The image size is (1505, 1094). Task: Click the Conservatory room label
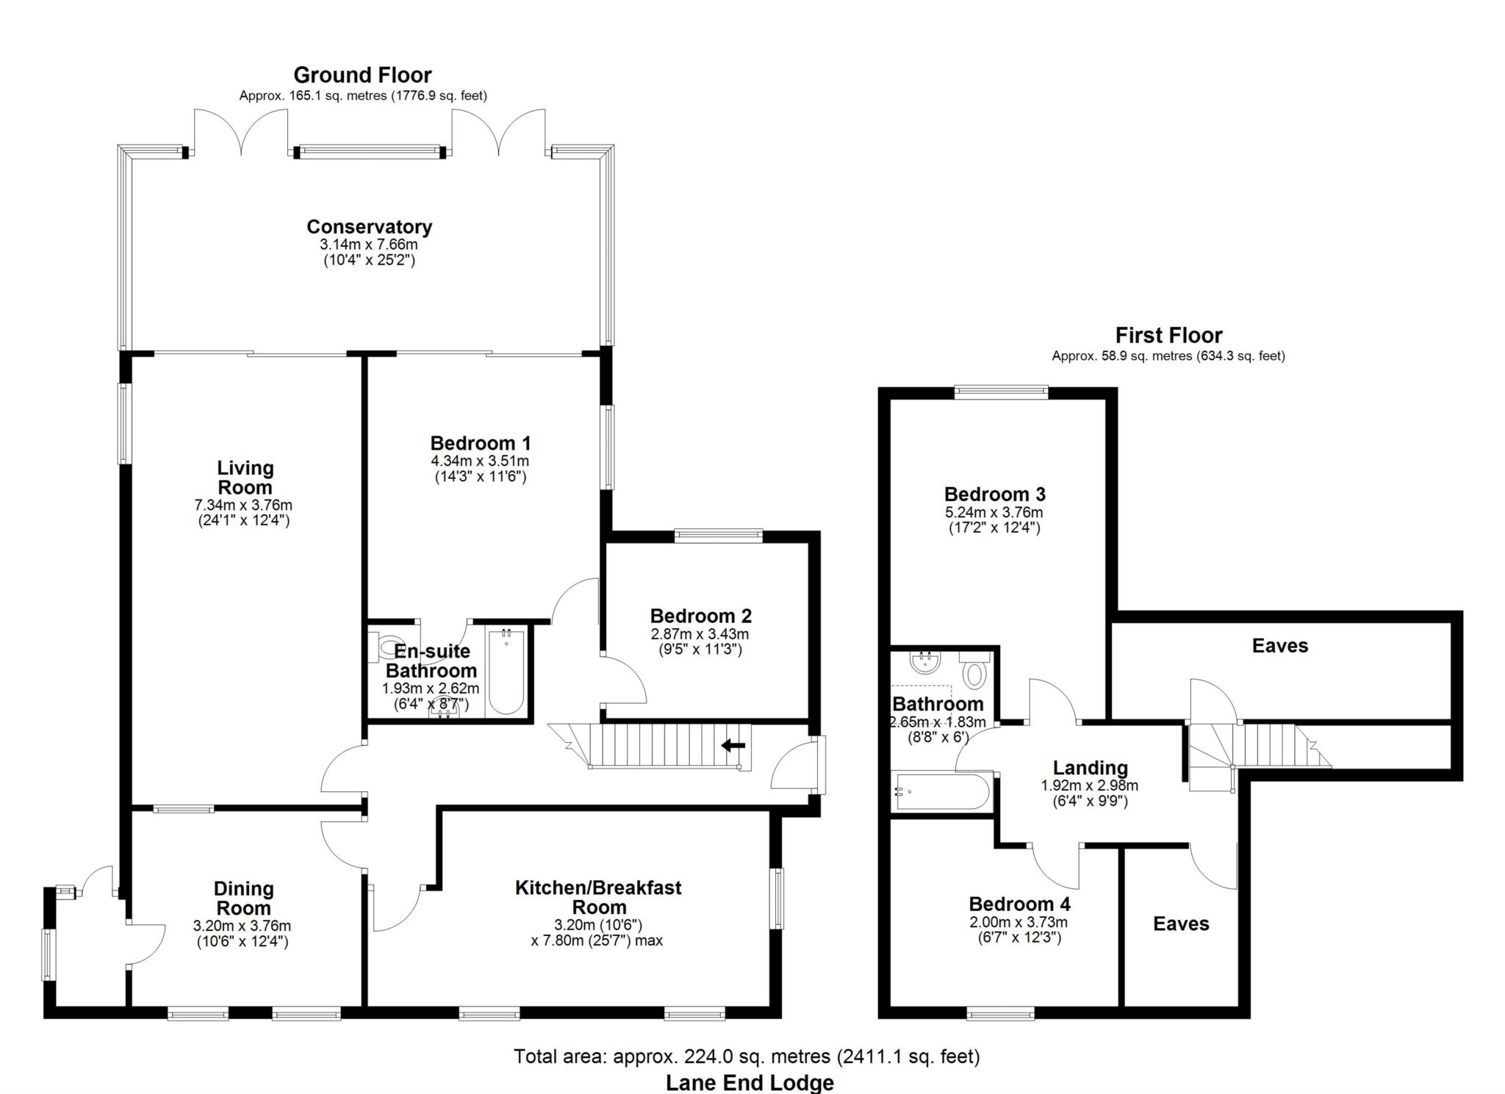pyautogui.click(x=369, y=227)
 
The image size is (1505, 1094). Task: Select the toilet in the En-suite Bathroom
pyautogui.click(x=389, y=647)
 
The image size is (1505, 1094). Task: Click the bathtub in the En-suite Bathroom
pyautogui.click(x=506, y=671)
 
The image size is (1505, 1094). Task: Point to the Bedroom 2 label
pyautogui.click(x=700, y=616)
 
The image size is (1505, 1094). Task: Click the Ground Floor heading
pyautogui.click(x=362, y=75)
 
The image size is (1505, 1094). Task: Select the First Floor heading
pyautogui.click(x=1168, y=336)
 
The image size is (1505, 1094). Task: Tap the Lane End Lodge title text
pyautogui.click(x=750, y=1082)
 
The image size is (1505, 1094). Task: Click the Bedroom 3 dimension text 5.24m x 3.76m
pyautogui.click(x=994, y=513)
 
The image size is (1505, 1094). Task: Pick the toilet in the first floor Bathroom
pyautogui.click(x=975, y=672)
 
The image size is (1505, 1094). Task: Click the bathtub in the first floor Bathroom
pyautogui.click(x=941, y=791)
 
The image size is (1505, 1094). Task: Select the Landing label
pyautogui.click(x=1090, y=768)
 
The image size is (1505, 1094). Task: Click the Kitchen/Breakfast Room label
pyautogui.click(x=598, y=897)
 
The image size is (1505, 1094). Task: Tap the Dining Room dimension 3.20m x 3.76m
pyautogui.click(x=243, y=926)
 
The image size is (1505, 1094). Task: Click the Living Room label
pyautogui.click(x=245, y=478)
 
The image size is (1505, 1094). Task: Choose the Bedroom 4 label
pyautogui.click(x=1019, y=904)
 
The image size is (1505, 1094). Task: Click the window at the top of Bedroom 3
pyautogui.click(x=1001, y=392)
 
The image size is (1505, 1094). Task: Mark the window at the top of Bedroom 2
pyautogui.click(x=719, y=536)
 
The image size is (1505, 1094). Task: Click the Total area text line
pyautogui.click(x=746, y=1057)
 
